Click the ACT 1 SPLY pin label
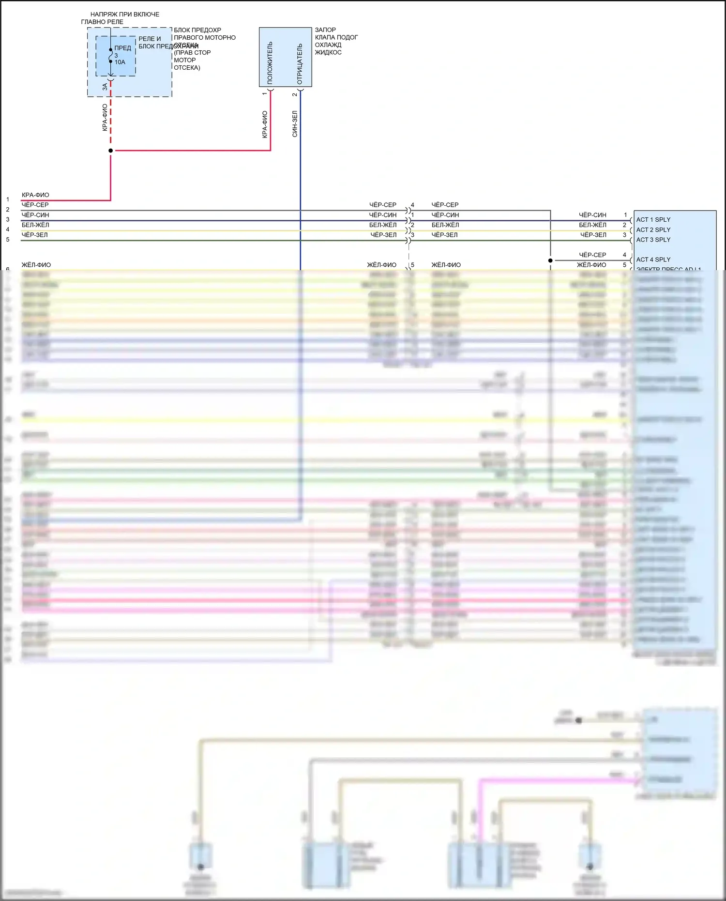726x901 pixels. point(653,220)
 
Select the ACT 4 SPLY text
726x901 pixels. point(653,260)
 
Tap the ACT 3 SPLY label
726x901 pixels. point(653,240)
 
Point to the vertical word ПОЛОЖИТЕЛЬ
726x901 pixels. point(270,63)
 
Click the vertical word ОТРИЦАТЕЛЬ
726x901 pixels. point(300,64)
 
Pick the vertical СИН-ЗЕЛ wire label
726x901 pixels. point(295,124)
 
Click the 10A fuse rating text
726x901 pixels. point(120,62)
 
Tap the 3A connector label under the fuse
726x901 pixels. point(105,87)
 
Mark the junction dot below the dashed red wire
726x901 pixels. point(111,151)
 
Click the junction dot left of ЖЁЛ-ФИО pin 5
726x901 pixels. point(550,260)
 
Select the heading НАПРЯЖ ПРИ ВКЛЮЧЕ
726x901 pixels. point(125,15)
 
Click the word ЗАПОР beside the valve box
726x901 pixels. point(325,30)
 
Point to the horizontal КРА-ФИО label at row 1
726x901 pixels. point(35,195)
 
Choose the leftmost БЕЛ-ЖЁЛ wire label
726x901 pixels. point(35,225)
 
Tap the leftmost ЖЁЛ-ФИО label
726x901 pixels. point(36,265)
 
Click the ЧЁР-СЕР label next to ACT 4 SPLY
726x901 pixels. point(592,255)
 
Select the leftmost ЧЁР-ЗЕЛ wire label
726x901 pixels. point(35,235)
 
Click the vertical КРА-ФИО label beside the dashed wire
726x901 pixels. point(105,118)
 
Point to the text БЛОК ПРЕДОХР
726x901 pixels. point(197,30)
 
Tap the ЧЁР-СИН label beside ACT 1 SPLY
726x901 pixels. point(592,215)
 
